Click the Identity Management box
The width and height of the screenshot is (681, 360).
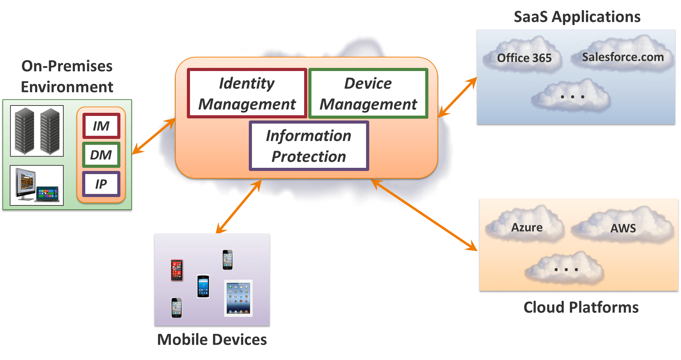click(247, 93)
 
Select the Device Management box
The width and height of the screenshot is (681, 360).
click(368, 93)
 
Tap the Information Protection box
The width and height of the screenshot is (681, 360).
click(309, 146)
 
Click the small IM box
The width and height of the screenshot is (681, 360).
click(101, 126)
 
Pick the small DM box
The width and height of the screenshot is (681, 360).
click(101, 155)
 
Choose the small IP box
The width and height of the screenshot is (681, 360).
click(101, 184)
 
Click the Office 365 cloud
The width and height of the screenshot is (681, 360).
click(524, 57)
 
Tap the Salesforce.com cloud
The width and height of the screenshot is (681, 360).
click(623, 57)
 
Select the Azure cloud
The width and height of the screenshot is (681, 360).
click(526, 227)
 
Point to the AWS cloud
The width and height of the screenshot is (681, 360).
click(623, 228)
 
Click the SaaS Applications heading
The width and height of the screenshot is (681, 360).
click(577, 17)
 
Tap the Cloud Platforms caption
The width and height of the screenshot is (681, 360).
click(581, 307)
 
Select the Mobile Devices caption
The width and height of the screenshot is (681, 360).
click(212, 339)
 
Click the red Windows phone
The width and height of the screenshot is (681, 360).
click(177, 270)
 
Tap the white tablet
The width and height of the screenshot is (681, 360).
click(238, 298)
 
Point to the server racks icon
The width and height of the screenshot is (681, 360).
click(37, 131)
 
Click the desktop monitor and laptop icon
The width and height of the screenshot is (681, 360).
click(37, 185)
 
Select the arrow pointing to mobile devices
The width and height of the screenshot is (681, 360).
click(239, 207)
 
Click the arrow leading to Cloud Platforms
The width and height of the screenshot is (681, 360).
click(425, 216)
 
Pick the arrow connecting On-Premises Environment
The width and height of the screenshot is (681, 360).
click(153, 136)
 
